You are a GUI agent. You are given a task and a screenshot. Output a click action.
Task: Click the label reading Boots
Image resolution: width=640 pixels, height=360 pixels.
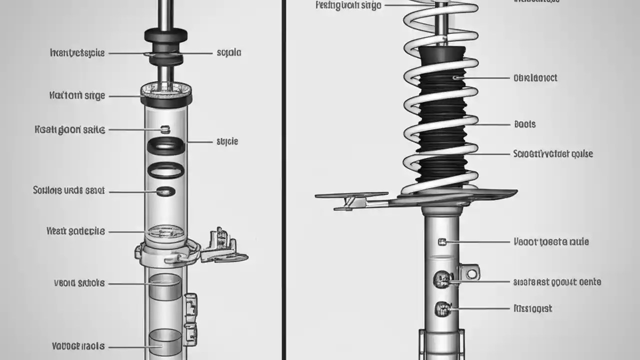(524, 124)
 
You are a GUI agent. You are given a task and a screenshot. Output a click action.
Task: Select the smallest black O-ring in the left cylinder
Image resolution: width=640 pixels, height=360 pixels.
(166, 191)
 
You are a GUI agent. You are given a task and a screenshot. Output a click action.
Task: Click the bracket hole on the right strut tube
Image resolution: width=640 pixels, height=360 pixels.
(471, 273)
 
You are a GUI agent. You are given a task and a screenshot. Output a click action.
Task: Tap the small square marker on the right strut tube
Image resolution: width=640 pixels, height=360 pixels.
(441, 242)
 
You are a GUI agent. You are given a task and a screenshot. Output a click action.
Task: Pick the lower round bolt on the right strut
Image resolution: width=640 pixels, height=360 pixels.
(442, 308)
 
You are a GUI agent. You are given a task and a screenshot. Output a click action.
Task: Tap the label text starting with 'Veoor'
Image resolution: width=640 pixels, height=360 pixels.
(551, 242)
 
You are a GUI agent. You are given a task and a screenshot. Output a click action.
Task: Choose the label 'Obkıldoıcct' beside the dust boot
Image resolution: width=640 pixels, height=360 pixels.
(535, 78)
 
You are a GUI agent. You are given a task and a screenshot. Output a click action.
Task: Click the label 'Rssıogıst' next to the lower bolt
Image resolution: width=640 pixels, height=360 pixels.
(532, 308)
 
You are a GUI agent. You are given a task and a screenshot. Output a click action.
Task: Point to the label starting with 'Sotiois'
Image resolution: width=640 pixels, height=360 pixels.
(69, 190)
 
